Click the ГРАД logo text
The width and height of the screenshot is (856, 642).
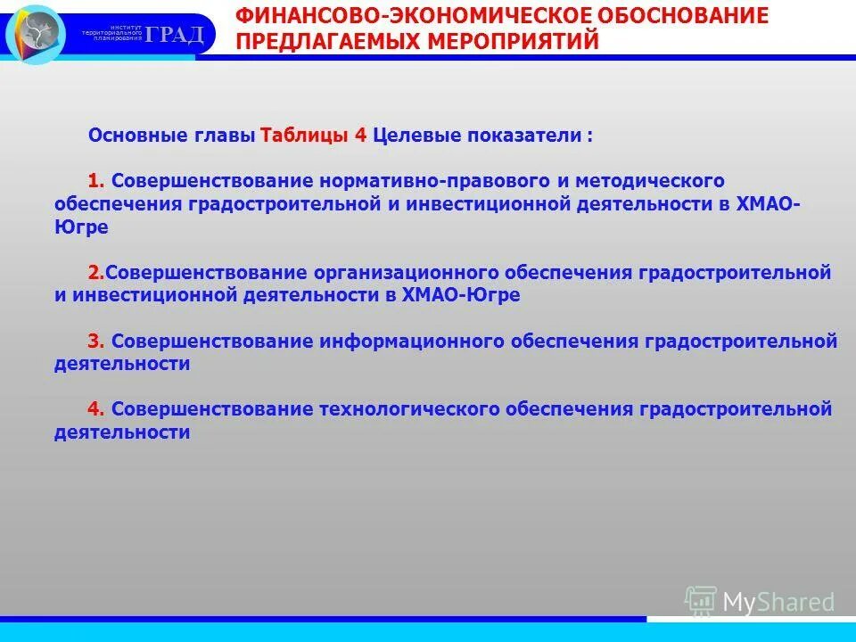pos(176,35)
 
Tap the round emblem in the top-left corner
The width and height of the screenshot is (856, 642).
pos(36,33)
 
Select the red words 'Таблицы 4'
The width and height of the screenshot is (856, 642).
pos(314,136)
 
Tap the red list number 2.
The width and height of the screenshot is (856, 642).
pos(95,273)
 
